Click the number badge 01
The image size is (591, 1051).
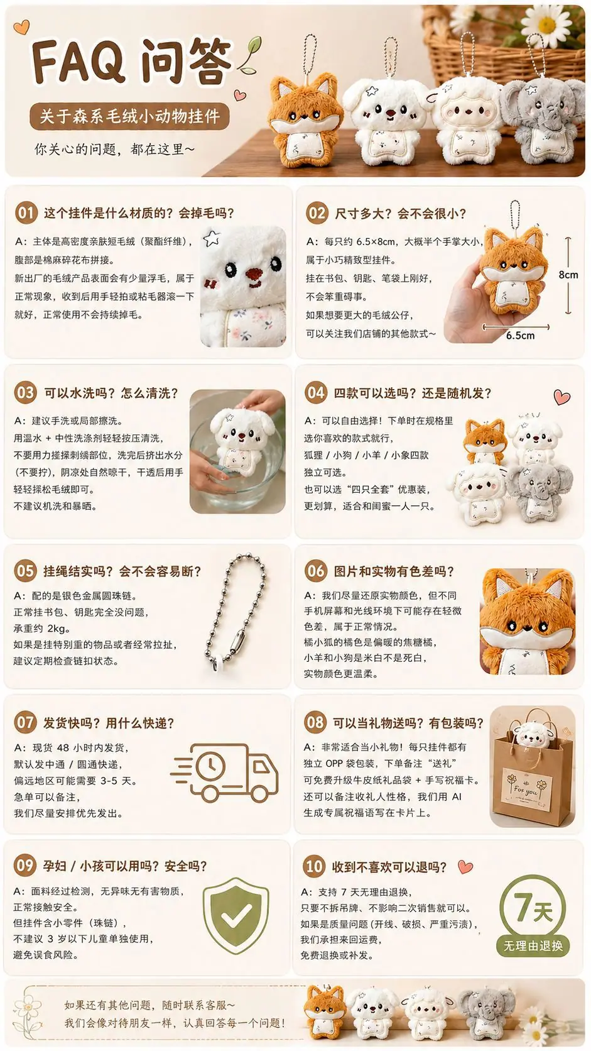tap(26, 213)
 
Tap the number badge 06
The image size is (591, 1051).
tap(315, 571)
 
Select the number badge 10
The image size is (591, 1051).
tap(313, 866)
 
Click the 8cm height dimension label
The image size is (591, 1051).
tap(568, 275)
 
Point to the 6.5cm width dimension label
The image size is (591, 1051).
tap(520, 335)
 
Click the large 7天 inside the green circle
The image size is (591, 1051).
tap(533, 908)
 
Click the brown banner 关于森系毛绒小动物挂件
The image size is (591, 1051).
tap(129, 116)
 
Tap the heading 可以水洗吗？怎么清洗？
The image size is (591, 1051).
tap(111, 393)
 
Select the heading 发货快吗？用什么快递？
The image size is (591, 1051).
tap(109, 723)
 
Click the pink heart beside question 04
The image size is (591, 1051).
tap(561, 397)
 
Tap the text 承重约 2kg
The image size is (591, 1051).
tap(41, 628)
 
